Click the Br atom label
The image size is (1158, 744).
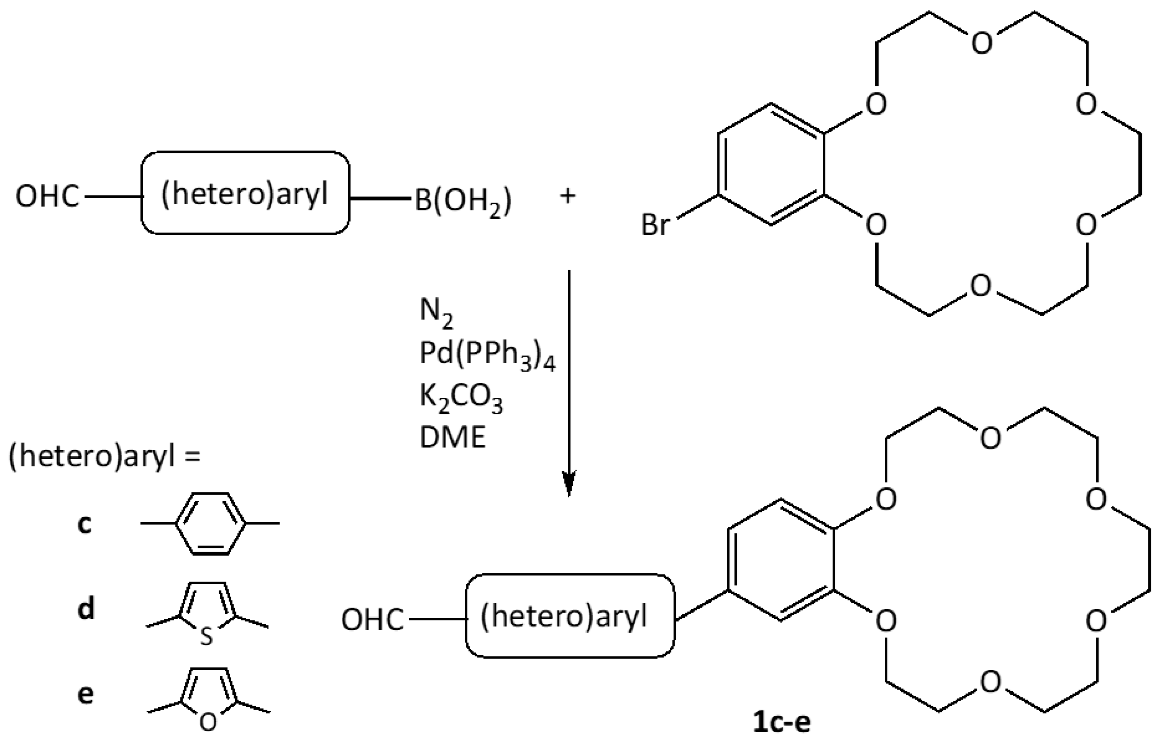point(655,225)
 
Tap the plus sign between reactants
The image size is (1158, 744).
point(568,196)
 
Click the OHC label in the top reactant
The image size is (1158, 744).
point(47,196)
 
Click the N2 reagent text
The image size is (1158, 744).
point(436,313)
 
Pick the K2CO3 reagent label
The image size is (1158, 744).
point(461,398)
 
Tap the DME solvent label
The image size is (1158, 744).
point(452,438)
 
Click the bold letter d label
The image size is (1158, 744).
point(86,609)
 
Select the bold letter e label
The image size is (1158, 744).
point(86,694)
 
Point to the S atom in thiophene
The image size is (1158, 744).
point(207,637)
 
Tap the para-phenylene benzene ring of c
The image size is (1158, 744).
point(210,523)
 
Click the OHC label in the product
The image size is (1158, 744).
point(372,620)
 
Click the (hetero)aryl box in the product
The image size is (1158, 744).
point(570,616)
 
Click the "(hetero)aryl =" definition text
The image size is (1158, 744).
point(104,456)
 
